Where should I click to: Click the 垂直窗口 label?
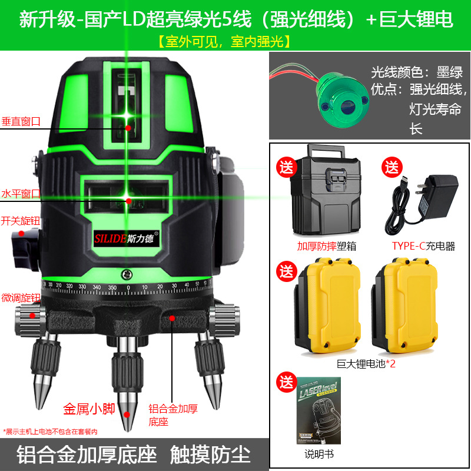pyautogui.click(x=21, y=121)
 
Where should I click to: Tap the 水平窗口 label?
pyautogui.click(x=21, y=193)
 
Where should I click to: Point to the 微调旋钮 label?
pyautogui.click(x=21, y=297)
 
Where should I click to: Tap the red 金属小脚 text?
pyautogui.click(x=88, y=408)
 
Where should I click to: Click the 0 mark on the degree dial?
pyautogui.click(x=129, y=288)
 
